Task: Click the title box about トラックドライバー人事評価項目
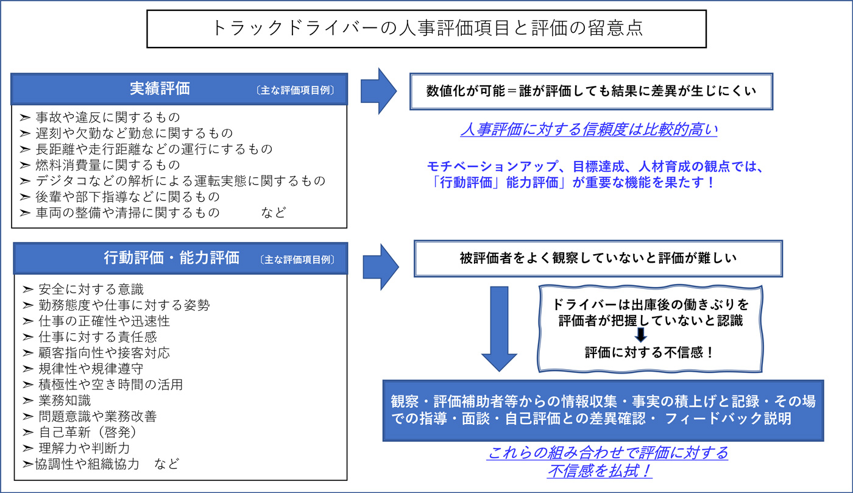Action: click(426, 28)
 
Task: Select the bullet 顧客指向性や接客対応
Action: click(104, 352)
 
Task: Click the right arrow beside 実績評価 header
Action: click(379, 90)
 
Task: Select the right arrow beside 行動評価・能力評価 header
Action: click(381, 266)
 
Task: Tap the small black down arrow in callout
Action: click(640, 335)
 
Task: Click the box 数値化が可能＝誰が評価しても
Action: click(591, 91)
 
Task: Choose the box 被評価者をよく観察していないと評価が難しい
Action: click(598, 258)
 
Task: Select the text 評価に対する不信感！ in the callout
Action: click(649, 352)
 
